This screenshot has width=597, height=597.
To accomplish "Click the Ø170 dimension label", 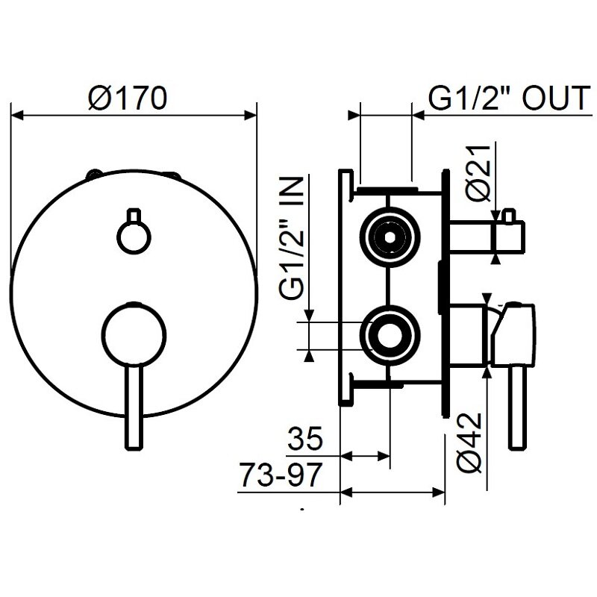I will (x=126, y=99).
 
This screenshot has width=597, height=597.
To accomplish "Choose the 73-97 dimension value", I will (x=281, y=475).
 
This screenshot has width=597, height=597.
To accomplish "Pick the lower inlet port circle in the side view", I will (x=387, y=333).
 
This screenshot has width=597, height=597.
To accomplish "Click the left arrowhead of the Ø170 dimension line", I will (x=18, y=115).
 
